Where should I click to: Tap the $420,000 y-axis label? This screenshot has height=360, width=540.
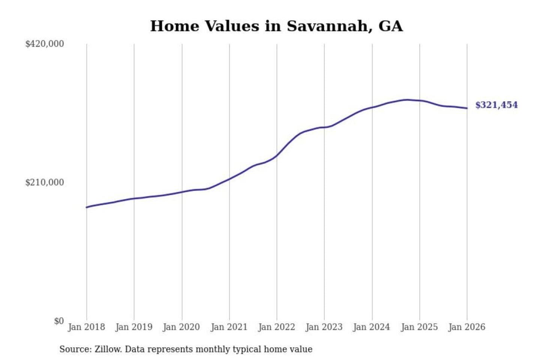45,44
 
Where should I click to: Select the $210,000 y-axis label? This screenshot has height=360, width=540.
45,183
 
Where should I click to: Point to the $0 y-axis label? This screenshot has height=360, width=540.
59,321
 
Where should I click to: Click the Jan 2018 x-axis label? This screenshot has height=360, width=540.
86,327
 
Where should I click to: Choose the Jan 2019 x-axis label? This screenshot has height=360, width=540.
134,327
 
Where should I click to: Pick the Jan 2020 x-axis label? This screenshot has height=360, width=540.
181,327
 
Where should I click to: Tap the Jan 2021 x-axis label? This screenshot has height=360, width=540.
229,327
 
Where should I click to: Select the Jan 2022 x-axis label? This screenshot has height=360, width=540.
277,327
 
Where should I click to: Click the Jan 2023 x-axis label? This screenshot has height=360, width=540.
324,327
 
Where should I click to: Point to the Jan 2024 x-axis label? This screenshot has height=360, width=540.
372,327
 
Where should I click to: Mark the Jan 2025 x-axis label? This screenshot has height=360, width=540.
419,327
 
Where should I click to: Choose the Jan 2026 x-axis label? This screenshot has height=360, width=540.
467,327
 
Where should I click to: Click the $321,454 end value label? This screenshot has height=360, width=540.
496,105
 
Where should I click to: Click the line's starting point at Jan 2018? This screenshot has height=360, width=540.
87,207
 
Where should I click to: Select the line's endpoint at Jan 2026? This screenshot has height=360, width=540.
467,108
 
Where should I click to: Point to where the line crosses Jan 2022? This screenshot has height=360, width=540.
277,155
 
